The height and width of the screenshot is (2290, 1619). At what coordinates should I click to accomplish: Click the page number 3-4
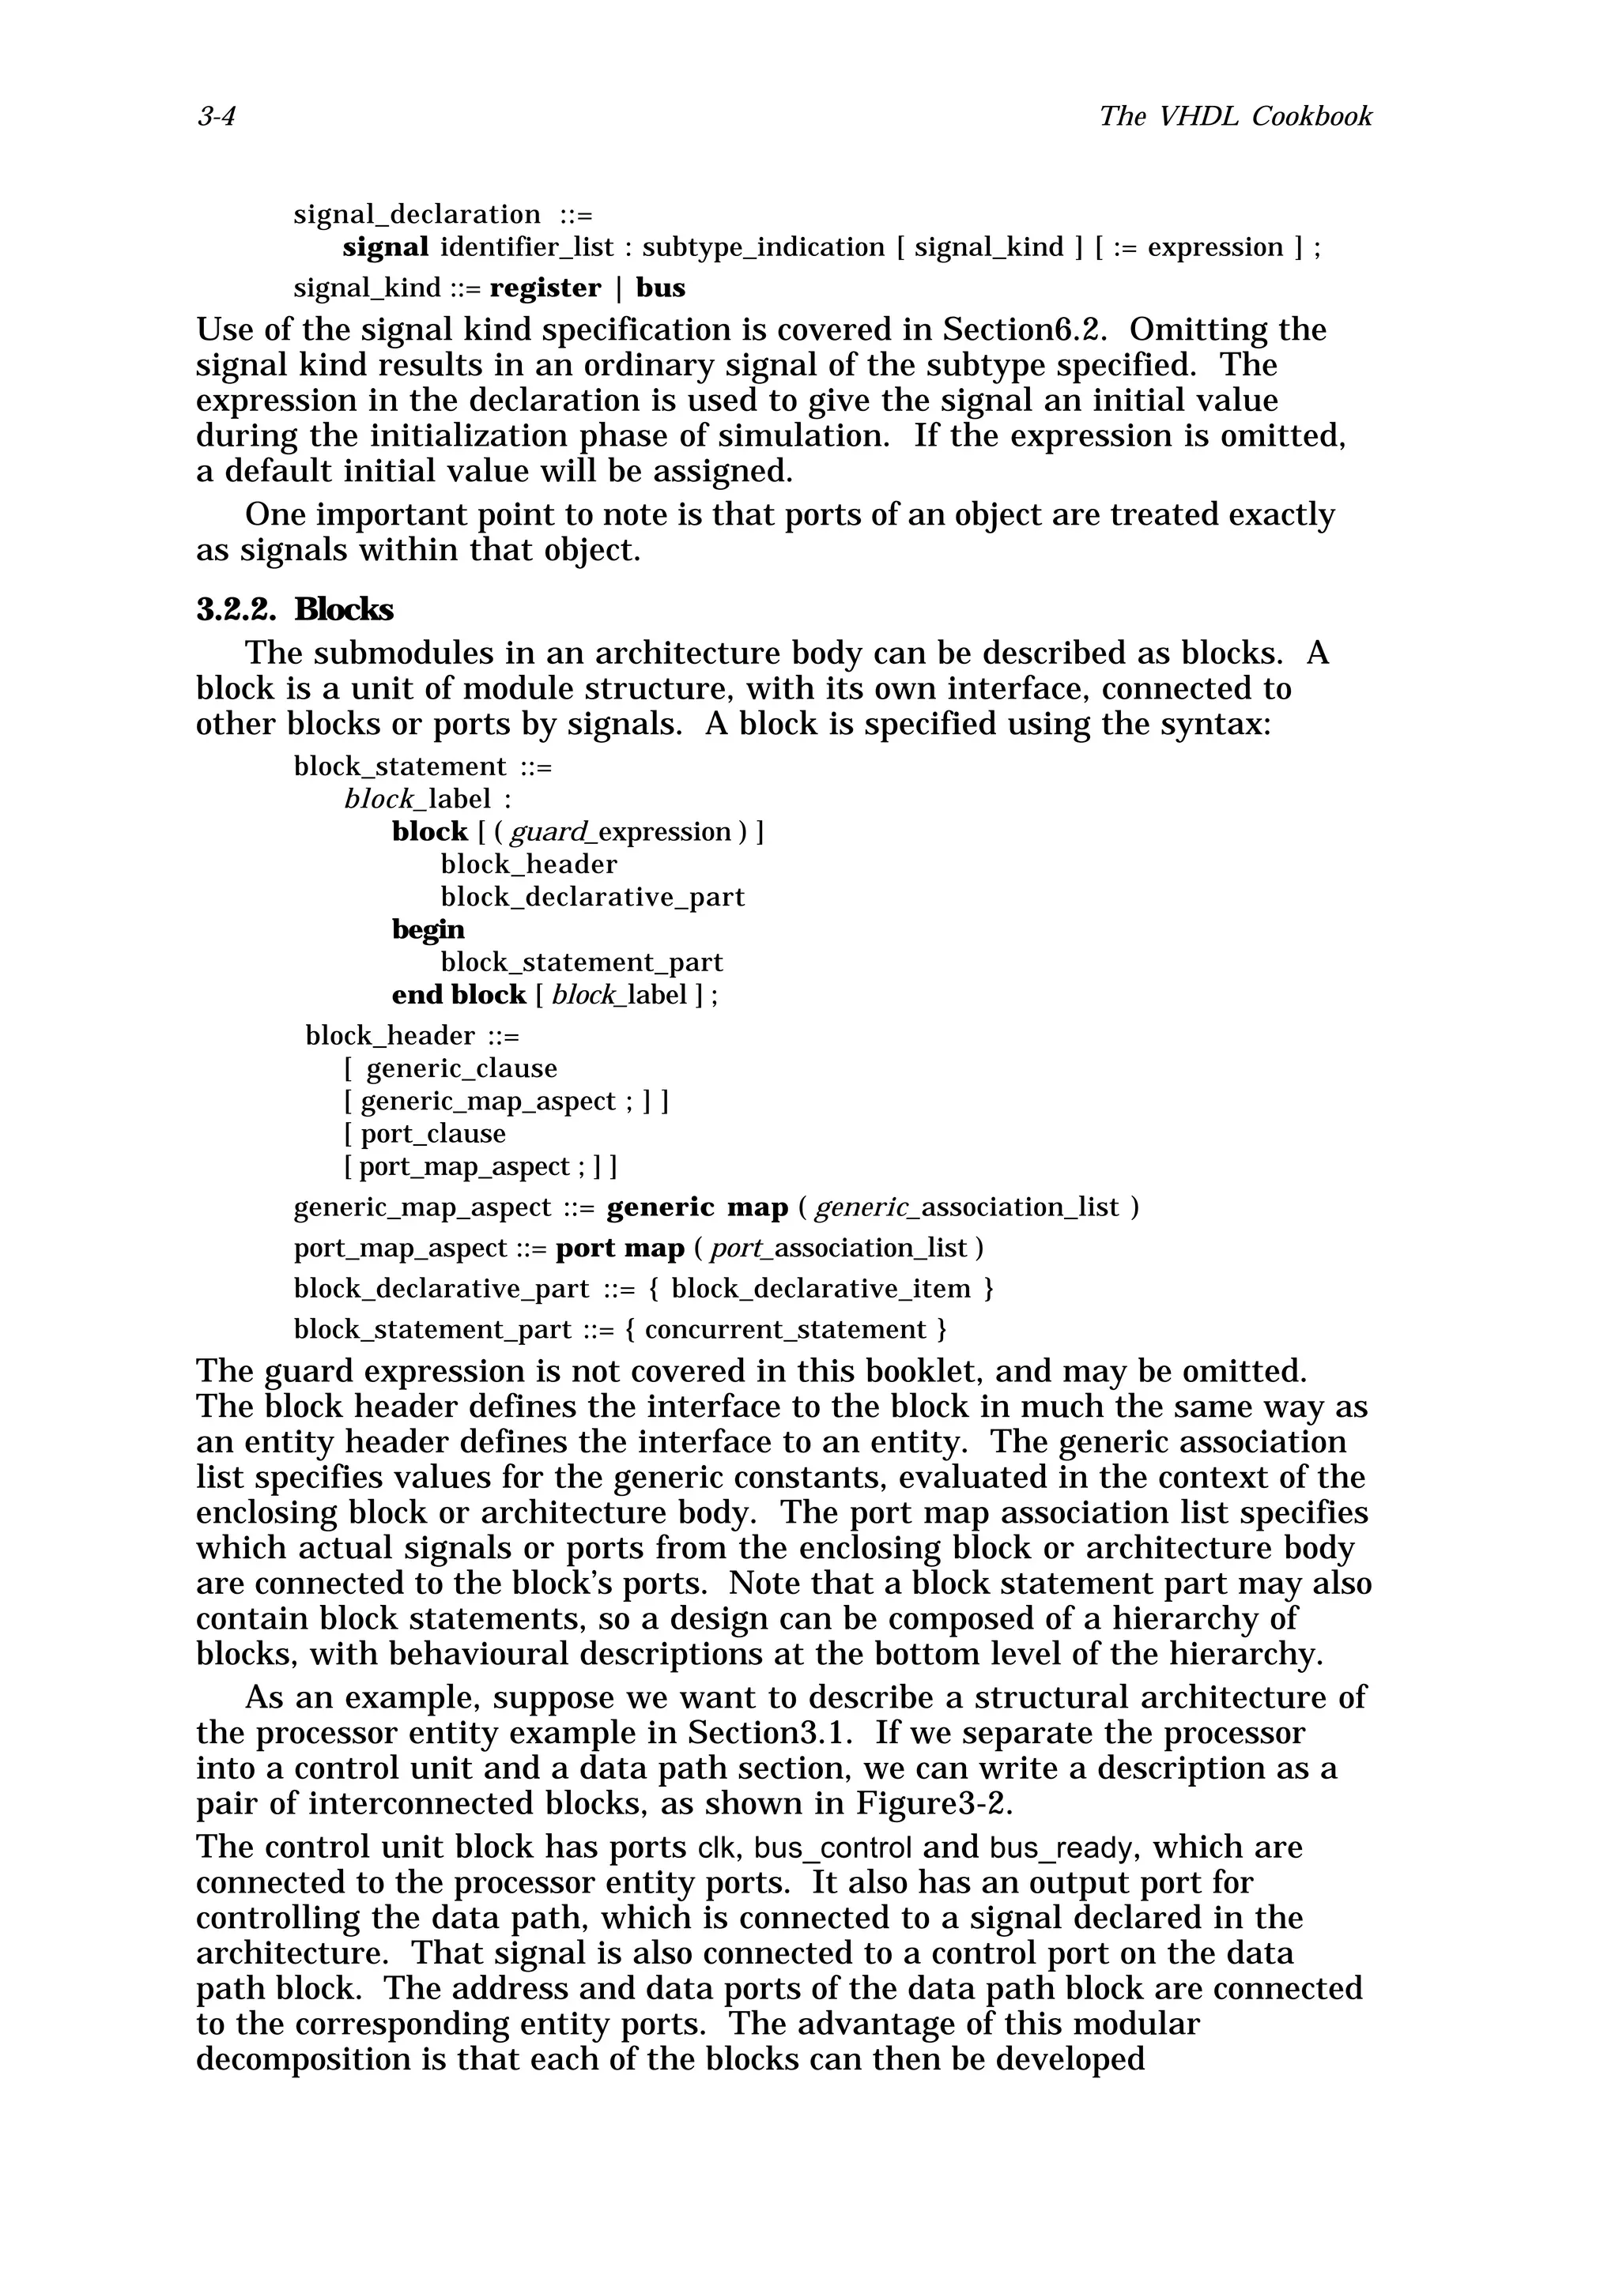[x=216, y=117]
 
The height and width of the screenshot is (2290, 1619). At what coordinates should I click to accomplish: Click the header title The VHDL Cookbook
[x=1235, y=117]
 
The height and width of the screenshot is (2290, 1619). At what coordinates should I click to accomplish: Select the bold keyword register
[x=545, y=288]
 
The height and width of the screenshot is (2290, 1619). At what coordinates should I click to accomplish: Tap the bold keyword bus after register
[x=660, y=288]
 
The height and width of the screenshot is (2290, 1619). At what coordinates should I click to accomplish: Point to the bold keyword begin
[x=428, y=929]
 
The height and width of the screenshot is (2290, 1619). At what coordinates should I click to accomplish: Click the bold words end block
[x=459, y=996]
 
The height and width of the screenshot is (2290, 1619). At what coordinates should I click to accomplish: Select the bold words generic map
[x=697, y=1208]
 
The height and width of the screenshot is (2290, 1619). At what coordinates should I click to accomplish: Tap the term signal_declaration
[x=417, y=214]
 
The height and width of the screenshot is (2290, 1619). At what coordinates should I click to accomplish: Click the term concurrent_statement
[x=786, y=1331]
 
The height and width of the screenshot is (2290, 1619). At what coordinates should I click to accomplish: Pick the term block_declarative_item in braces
[x=821, y=1290]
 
